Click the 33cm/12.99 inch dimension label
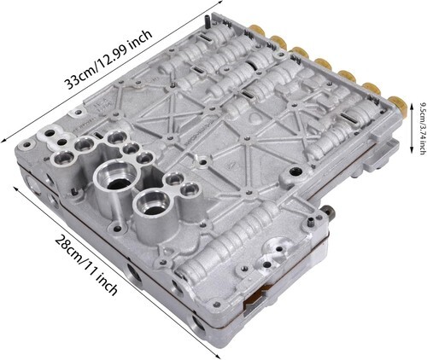(x=108, y=59)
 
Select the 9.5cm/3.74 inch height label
(x=421, y=129)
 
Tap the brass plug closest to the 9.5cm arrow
(x=398, y=105)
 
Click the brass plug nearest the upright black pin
(x=257, y=30)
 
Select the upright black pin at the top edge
(x=207, y=21)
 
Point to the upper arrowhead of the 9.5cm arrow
(x=412, y=106)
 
